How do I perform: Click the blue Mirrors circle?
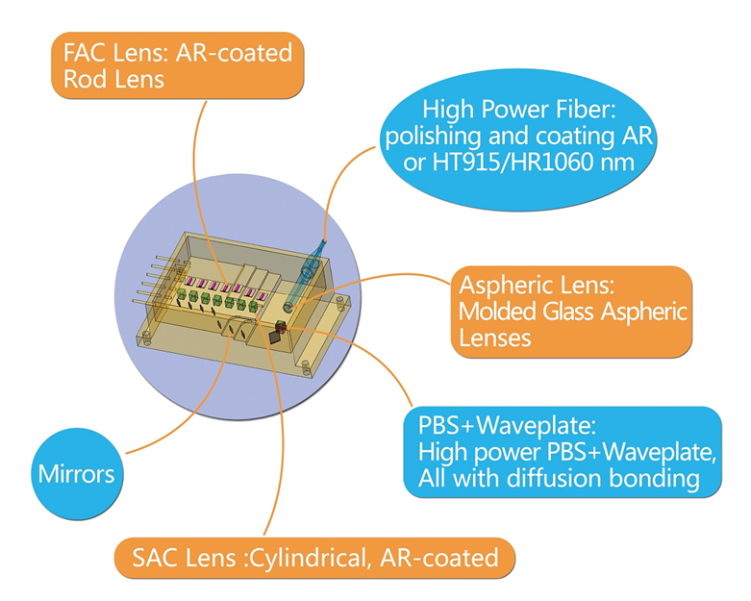(76, 472)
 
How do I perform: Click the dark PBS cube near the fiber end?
(277, 336)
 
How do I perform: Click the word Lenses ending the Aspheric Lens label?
(496, 338)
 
